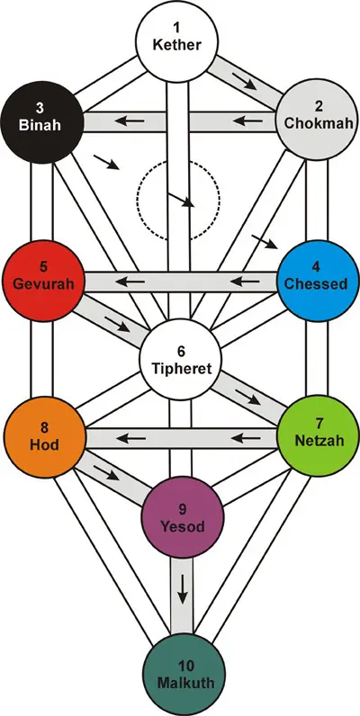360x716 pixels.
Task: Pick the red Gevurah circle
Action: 42,281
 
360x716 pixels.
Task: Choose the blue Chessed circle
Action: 317,281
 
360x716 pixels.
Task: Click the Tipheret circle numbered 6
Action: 181,359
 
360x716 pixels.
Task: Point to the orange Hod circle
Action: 45,436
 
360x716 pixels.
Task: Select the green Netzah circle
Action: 317,436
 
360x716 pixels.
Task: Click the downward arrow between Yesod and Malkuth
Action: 183,590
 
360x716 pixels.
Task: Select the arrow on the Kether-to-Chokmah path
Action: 245,79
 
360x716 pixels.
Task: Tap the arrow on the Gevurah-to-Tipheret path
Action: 117,323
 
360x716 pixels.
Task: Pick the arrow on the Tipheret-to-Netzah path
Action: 247,397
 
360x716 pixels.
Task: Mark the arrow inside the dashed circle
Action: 182,200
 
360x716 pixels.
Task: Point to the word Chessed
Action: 316,284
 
